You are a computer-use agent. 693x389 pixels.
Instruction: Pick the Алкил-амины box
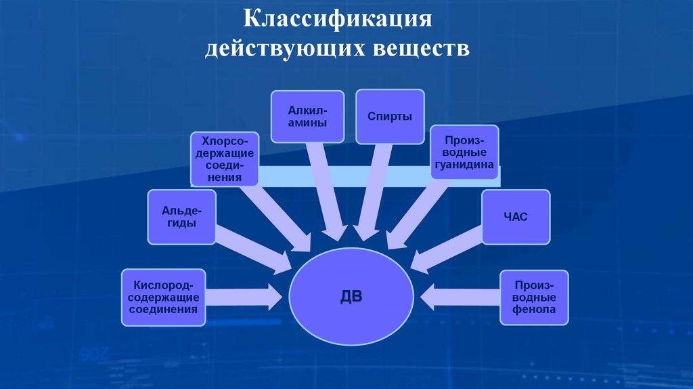tap(307, 117)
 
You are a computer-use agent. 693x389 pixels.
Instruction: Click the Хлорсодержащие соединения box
tap(224, 159)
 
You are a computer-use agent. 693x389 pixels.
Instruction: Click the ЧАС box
tap(516, 217)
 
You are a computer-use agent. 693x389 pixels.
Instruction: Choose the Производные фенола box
tap(534, 298)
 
